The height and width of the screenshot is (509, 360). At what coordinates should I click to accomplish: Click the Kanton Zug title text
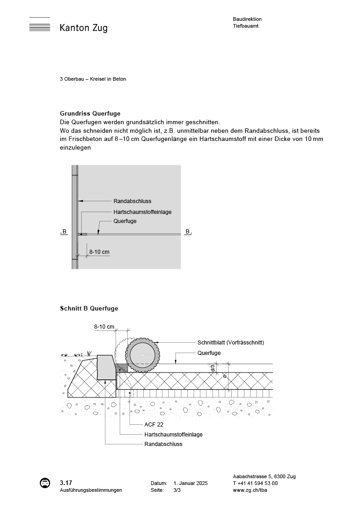83,28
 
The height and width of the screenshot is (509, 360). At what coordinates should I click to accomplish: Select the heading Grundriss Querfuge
90,113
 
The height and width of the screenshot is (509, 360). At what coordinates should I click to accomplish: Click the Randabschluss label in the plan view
132,201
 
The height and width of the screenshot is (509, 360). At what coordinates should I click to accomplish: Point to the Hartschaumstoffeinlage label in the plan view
142,212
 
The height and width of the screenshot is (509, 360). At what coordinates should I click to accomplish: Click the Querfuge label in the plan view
125,221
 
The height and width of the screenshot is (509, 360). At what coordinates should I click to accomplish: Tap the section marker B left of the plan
64,232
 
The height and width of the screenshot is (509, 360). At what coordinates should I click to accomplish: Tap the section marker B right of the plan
187,232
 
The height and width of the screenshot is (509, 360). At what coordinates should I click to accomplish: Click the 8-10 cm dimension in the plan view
99,252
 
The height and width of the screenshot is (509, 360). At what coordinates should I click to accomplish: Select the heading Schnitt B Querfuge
89,309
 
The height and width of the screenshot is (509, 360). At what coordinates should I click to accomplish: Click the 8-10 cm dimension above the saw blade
104,326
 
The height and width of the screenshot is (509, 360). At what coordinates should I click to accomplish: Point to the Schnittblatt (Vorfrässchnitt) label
230,343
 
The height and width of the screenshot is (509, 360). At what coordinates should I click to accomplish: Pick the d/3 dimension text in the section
213,368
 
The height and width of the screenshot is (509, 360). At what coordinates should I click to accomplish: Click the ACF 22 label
154,425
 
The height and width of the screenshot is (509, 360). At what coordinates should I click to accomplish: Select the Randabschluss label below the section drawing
163,444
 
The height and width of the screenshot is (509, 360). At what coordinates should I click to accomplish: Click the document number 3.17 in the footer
66,483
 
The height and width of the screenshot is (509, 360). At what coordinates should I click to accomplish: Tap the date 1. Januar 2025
190,484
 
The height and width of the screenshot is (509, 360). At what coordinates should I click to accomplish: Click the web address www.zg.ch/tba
250,490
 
